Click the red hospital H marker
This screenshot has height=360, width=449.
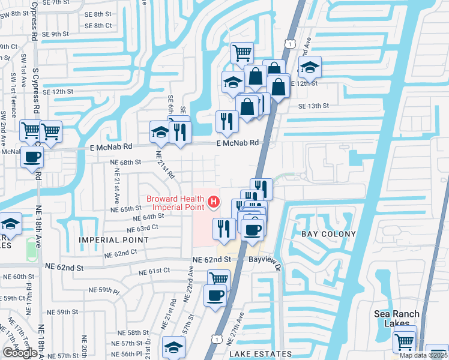point(212,203)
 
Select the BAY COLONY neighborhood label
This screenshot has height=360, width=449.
point(328,233)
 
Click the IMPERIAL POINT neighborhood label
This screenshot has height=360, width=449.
point(113,239)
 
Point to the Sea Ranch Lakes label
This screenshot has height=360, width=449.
point(394,318)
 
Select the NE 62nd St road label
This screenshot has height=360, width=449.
point(211,259)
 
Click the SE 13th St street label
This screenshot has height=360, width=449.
point(313,106)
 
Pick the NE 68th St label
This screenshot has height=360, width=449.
point(125,162)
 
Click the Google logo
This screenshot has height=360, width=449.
point(19,353)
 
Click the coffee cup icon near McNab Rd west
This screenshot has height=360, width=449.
point(32,157)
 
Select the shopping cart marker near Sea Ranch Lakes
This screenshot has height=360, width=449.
point(404,341)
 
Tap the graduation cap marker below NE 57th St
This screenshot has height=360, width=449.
point(173,347)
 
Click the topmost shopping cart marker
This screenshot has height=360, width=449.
point(242,53)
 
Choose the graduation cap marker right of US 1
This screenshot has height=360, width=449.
point(310,67)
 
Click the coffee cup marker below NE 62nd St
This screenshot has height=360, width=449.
point(215,295)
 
